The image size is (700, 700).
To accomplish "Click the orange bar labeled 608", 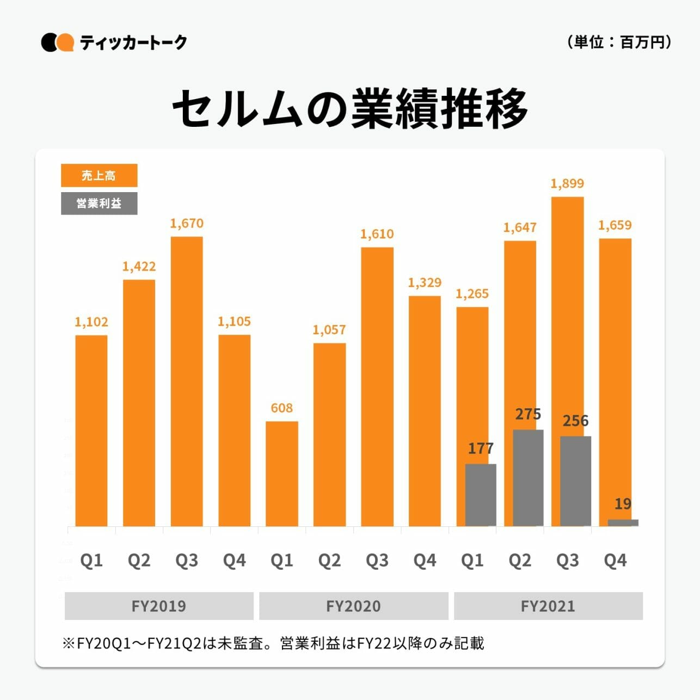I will (x=281, y=474).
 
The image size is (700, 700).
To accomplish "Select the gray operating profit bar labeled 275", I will (x=528, y=478).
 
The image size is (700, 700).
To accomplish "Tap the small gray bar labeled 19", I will (x=623, y=523).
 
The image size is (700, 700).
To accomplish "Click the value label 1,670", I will (x=187, y=223).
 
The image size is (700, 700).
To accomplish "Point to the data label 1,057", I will (x=329, y=329).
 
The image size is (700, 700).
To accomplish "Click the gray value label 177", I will (x=481, y=449).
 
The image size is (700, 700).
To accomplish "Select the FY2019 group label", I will (x=159, y=606).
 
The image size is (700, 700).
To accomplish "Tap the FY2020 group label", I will (x=353, y=606).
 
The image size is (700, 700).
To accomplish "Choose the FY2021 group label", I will (x=548, y=606).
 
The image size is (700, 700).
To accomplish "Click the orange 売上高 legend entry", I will (x=99, y=175).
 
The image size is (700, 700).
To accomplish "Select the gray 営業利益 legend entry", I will (x=99, y=204).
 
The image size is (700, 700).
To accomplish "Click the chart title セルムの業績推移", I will (x=350, y=109).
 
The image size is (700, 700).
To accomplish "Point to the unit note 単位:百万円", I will (x=619, y=42).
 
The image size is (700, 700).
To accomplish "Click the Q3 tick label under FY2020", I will (x=377, y=560).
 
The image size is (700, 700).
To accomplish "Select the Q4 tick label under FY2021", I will (x=615, y=560).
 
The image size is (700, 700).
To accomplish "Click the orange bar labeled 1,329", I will (x=425, y=411).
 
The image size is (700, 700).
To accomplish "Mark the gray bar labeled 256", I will (x=575, y=481).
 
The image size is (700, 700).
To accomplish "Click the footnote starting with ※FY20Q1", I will (x=273, y=643).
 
